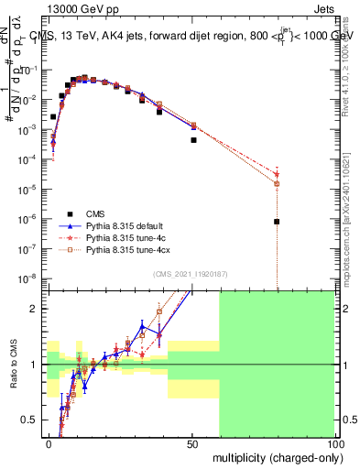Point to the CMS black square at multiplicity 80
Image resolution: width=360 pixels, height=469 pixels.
click(276, 222)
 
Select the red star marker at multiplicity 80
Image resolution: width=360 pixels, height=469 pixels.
click(276, 174)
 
